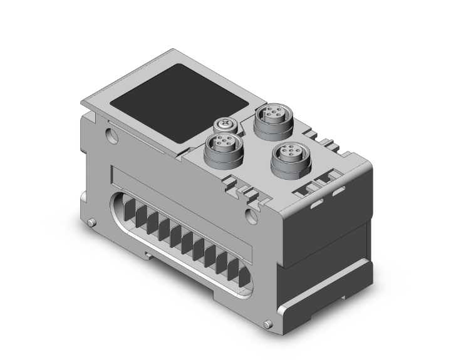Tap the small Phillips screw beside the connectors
pyautogui.click(x=224, y=125)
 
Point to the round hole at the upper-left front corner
pyautogui.click(x=111, y=135)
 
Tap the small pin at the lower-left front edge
pyautogui.click(x=93, y=223)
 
